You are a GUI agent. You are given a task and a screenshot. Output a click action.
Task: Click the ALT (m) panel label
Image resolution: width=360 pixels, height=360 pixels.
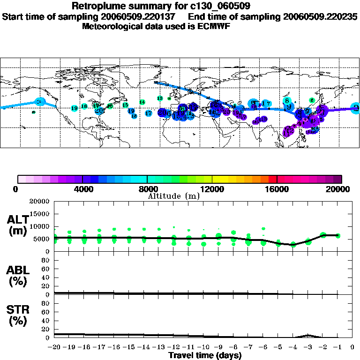point(18,225)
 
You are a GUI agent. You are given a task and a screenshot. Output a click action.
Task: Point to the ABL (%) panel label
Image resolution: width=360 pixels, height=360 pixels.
point(18,276)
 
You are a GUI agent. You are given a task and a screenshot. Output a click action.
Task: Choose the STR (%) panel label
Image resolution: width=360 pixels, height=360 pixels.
point(18,316)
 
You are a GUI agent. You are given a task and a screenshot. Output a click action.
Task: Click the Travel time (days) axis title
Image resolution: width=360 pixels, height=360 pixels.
point(205,355)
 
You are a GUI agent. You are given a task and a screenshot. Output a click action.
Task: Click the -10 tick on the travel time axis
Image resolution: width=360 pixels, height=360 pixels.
point(203,347)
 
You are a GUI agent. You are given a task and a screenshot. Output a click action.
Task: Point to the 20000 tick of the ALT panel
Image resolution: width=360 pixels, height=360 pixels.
point(40,202)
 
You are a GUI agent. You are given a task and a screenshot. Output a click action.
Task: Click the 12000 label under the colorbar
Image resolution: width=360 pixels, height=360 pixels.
point(212,189)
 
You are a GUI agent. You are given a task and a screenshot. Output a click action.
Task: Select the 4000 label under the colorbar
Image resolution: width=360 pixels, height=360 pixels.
point(82,189)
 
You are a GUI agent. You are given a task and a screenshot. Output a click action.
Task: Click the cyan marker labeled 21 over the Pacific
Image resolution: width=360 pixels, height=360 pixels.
point(40,102)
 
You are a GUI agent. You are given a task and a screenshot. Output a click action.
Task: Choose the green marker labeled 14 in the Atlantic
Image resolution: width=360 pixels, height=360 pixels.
point(142,102)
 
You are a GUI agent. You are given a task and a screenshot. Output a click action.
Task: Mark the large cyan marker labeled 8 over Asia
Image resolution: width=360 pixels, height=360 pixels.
point(287,100)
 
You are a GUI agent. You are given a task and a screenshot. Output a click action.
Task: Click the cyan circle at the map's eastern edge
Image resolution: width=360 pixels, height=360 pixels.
point(356,108)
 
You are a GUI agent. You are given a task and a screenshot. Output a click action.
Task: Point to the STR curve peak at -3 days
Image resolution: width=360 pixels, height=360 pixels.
point(307,335)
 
